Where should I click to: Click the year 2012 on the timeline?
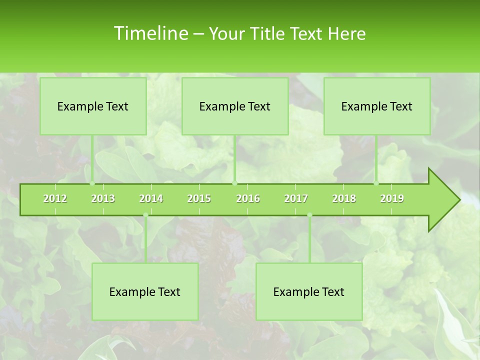click(x=55, y=198)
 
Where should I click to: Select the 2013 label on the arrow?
click(x=103, y=198)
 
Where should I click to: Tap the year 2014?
click(x=151, y=198)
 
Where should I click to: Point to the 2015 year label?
click(x=199, y=198)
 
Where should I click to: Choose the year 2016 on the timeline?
click(x=248, y=198)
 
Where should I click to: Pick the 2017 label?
click(x=296, y=198)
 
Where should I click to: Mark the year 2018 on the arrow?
click(x=344, y=198)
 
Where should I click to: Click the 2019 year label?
click(x=392, y=198)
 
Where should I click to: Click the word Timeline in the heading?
click(x=149, y=33)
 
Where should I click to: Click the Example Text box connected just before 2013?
click(x=93, y=106)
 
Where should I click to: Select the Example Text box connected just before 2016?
click(x=235, y=106)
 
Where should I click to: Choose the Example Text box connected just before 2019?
click(x=377, y=106)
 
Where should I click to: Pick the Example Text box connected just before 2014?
click(x=145, y=291)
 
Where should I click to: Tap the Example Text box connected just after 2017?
click(x=309, y=291)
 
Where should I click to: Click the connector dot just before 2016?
click(x=235, y=183)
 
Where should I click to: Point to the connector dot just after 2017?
click(x=309, y=215)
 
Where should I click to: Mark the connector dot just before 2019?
click(x=376, y=183)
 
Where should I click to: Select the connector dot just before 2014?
click(x=145, y=215)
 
